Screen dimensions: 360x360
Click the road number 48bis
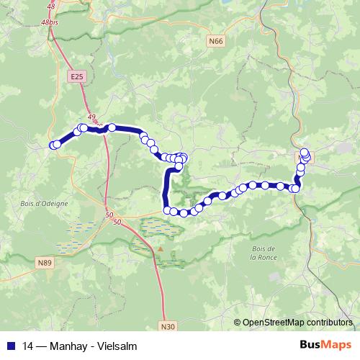click(50, 23)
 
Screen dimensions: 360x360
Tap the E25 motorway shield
click(77, 75)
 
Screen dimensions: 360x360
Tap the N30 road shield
click(168, 326)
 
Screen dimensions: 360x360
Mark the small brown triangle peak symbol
click(161, 250)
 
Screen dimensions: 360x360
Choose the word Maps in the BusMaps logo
click(338, 344)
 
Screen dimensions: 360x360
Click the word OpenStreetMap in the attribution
click(272, 323)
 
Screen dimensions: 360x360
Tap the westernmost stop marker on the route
click(53, 145)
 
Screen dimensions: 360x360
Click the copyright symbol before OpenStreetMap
click(238, 323)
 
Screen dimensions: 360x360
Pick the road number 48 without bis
click(50, 6)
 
